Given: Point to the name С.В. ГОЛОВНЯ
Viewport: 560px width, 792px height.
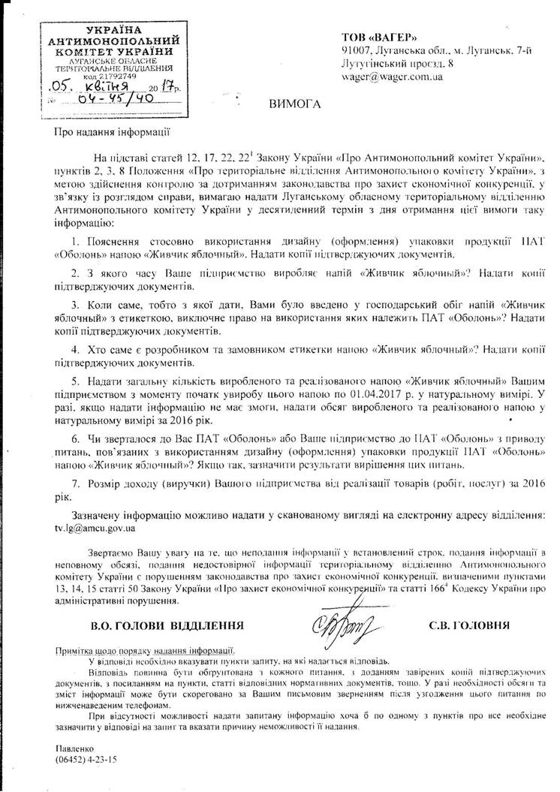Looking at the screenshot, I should [469, 624].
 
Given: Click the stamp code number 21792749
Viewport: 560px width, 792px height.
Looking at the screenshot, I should [116, 77].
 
